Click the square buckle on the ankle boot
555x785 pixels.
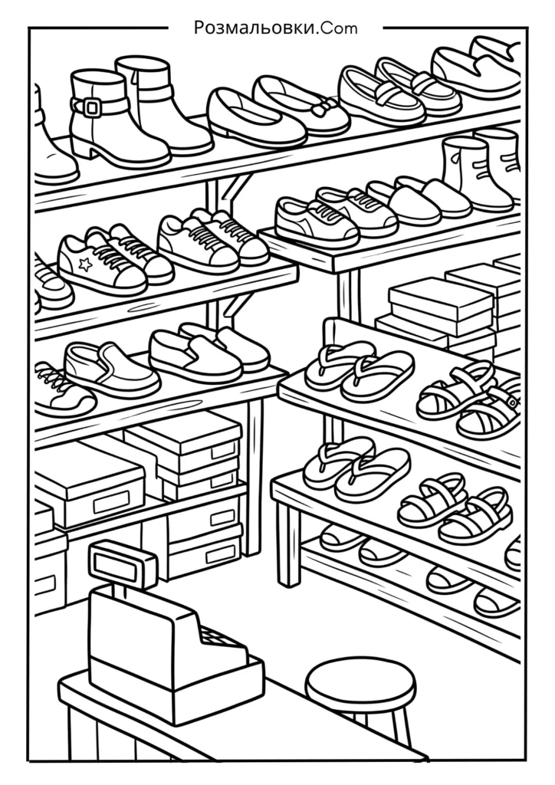point(91,106)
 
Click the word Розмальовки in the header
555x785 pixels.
point(255,28)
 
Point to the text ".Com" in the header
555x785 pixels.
point(337,28)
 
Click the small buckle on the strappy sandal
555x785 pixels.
point(511,400)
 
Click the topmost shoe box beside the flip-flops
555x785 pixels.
point(440,301)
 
